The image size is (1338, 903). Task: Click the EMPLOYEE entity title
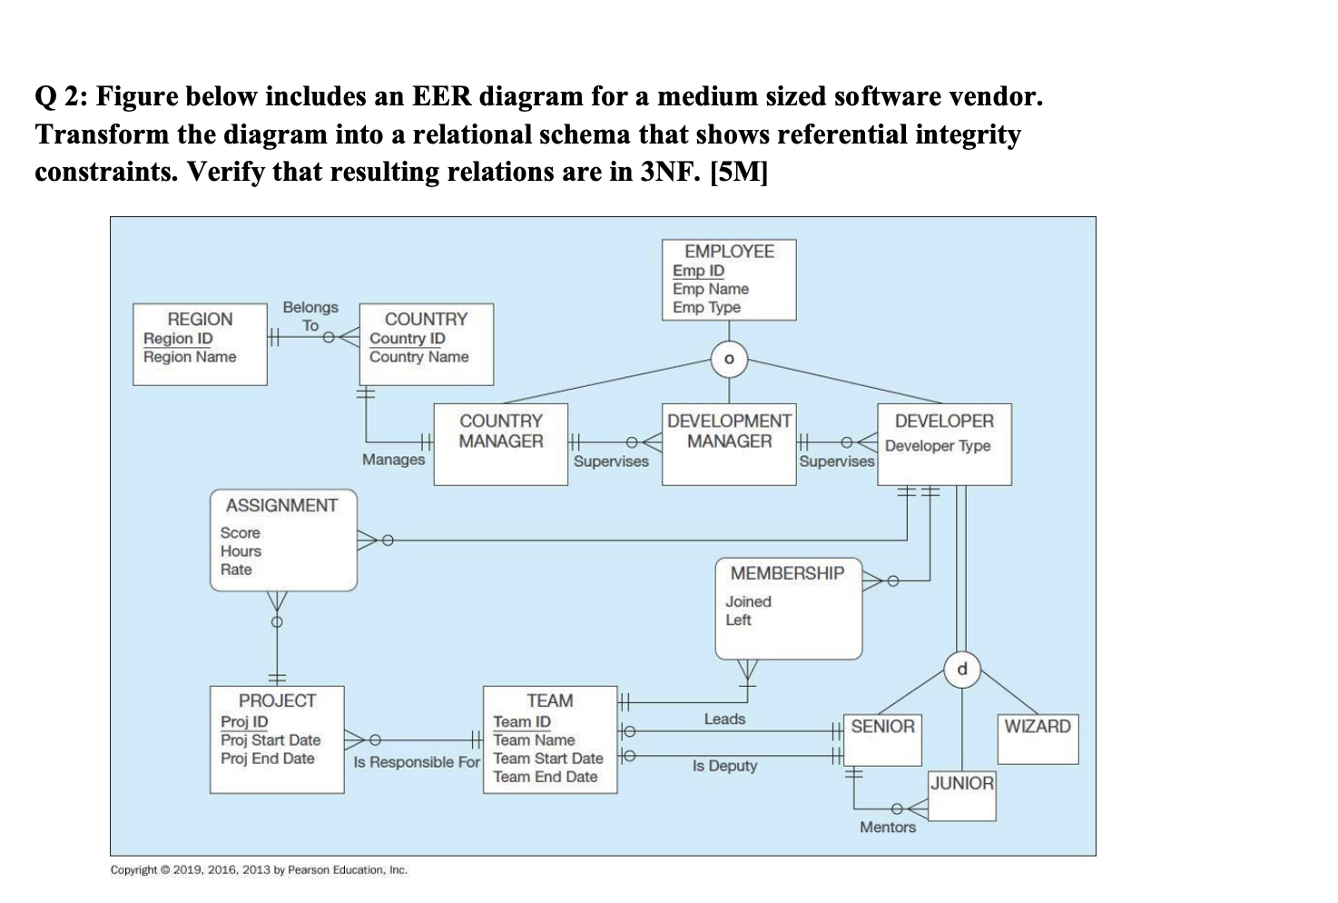coord(729,252)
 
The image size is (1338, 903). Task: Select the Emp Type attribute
coord(706,307)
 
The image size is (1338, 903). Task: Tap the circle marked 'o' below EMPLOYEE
coord(729,360)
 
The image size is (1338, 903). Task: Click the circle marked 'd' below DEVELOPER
coord(962,670)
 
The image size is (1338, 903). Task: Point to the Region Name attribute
coord(190,357)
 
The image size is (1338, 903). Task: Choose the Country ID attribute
coord(407,338)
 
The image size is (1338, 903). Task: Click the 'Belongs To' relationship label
coord(310,315)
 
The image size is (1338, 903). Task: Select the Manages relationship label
coord(393,459)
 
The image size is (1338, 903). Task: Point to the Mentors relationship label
coord(888,827)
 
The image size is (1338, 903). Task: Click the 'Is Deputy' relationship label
coord(724,766)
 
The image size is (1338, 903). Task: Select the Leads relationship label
coord(724,719)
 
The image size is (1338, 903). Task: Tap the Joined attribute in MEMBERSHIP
coord(748,601)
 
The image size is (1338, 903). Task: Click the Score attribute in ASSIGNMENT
coord(240,532)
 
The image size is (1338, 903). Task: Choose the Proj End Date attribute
coord(267,759)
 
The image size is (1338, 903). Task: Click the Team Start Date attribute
coord(547,759)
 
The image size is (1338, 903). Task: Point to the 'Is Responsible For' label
coord(416,762)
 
